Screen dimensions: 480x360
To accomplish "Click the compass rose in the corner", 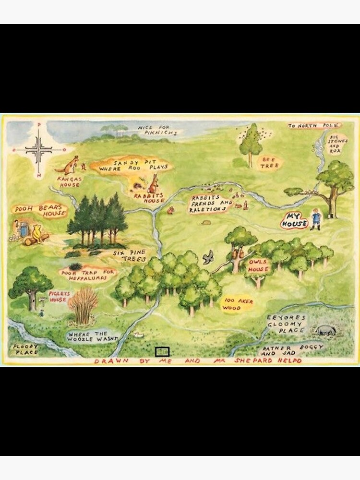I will tap(39, 149).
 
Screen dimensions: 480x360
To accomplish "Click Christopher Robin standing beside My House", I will tap(315, 219).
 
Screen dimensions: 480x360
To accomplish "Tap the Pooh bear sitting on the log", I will tap(37, 235).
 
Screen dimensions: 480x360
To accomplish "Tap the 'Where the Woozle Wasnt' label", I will tap(94, 336).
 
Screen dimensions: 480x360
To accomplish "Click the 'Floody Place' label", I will tap(25, 349).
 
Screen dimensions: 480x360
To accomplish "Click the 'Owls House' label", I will tap(259, 266).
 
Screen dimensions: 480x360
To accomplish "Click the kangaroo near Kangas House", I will tap(68, 165).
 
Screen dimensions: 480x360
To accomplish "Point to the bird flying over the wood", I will tap(208, 258).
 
